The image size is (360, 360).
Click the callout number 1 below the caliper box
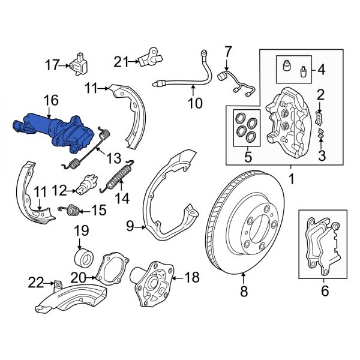coord(292,178)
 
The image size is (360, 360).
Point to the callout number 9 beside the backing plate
coord(130,227)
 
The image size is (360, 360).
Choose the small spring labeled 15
coord(72,210)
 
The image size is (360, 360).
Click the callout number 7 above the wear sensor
coord(227,52)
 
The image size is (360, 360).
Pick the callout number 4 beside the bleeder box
coord(321,70)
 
